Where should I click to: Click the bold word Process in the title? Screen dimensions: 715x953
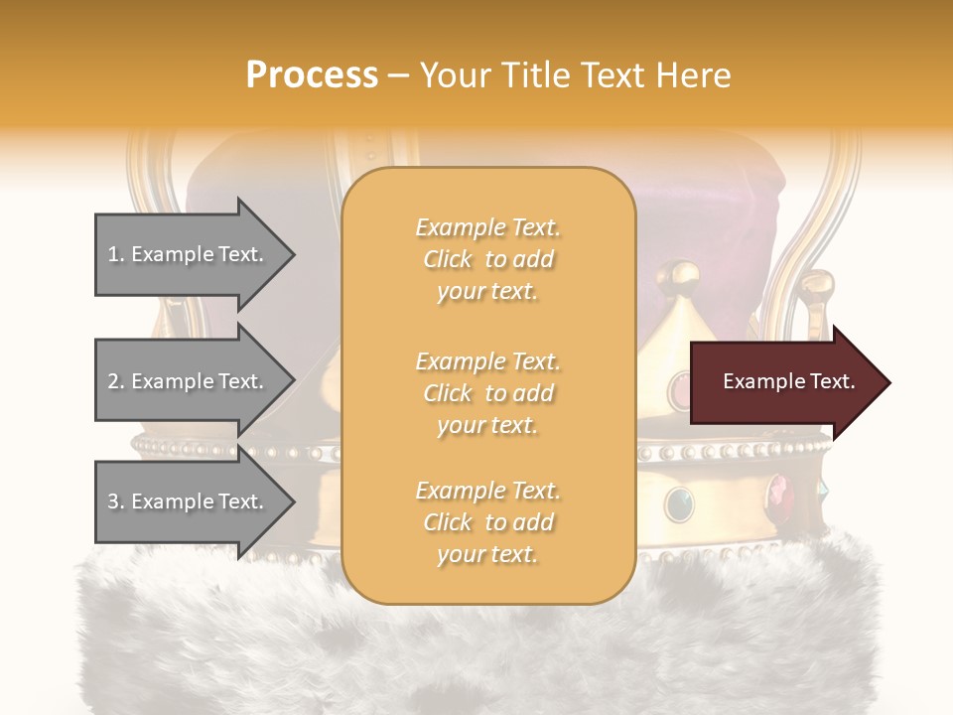coord(312,75)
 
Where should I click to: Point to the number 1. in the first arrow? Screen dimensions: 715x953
coord(116,255)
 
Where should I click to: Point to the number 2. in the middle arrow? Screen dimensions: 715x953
coord(116,381)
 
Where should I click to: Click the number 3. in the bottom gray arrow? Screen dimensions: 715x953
coord(116,502)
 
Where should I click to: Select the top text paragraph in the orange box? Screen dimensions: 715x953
coord(487,259)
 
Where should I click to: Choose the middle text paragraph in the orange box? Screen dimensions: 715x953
coord(487,393)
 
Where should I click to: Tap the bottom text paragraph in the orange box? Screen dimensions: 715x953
coord(487,522)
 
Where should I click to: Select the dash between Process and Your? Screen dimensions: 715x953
coord(399,75)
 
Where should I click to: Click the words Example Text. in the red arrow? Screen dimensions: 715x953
coord(788,382)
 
